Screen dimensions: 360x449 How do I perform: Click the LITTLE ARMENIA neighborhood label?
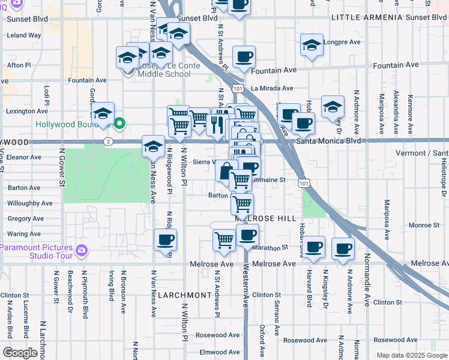point(367,18)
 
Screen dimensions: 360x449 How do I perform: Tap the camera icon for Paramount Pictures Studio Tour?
point(82,250)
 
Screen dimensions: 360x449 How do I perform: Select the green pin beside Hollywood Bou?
point(119,124)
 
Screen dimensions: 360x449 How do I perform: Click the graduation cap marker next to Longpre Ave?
point(312,46)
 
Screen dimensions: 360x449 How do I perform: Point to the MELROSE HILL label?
point(267,219)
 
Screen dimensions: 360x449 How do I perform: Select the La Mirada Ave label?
point(272,88)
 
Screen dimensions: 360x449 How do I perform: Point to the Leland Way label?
point(24,35)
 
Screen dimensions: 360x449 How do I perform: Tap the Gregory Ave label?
point(26,219)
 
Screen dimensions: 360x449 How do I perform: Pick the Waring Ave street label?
point(24,234)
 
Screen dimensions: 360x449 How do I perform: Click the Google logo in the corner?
point(20,353)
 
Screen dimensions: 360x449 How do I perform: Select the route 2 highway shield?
point(106,142)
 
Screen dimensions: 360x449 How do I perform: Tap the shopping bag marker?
point(225,171)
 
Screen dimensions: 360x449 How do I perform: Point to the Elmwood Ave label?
point(220,352)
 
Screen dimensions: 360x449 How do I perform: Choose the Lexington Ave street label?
point(27,111)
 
